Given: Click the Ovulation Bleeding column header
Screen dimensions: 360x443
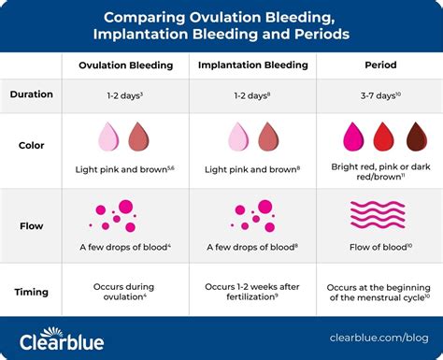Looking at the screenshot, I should [x=124, y=66].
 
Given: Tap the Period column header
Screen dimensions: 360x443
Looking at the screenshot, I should [x=379, y=66].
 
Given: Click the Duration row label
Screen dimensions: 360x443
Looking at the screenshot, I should [x=31, y=94].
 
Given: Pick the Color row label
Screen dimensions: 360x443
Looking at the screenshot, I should [x=31, y=146].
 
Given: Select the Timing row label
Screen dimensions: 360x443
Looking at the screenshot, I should [x=31, y=291].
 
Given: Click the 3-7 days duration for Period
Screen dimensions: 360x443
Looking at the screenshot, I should [x=379, y=95].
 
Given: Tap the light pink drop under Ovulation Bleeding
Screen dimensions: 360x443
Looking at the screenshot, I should [x=109, y=138].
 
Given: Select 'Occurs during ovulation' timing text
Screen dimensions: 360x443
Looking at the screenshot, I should [x=124, y=291].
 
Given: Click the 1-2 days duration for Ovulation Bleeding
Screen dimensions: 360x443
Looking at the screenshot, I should [x=124, y=95].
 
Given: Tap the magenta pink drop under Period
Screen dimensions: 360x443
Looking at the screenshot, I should [x=352, y=138].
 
